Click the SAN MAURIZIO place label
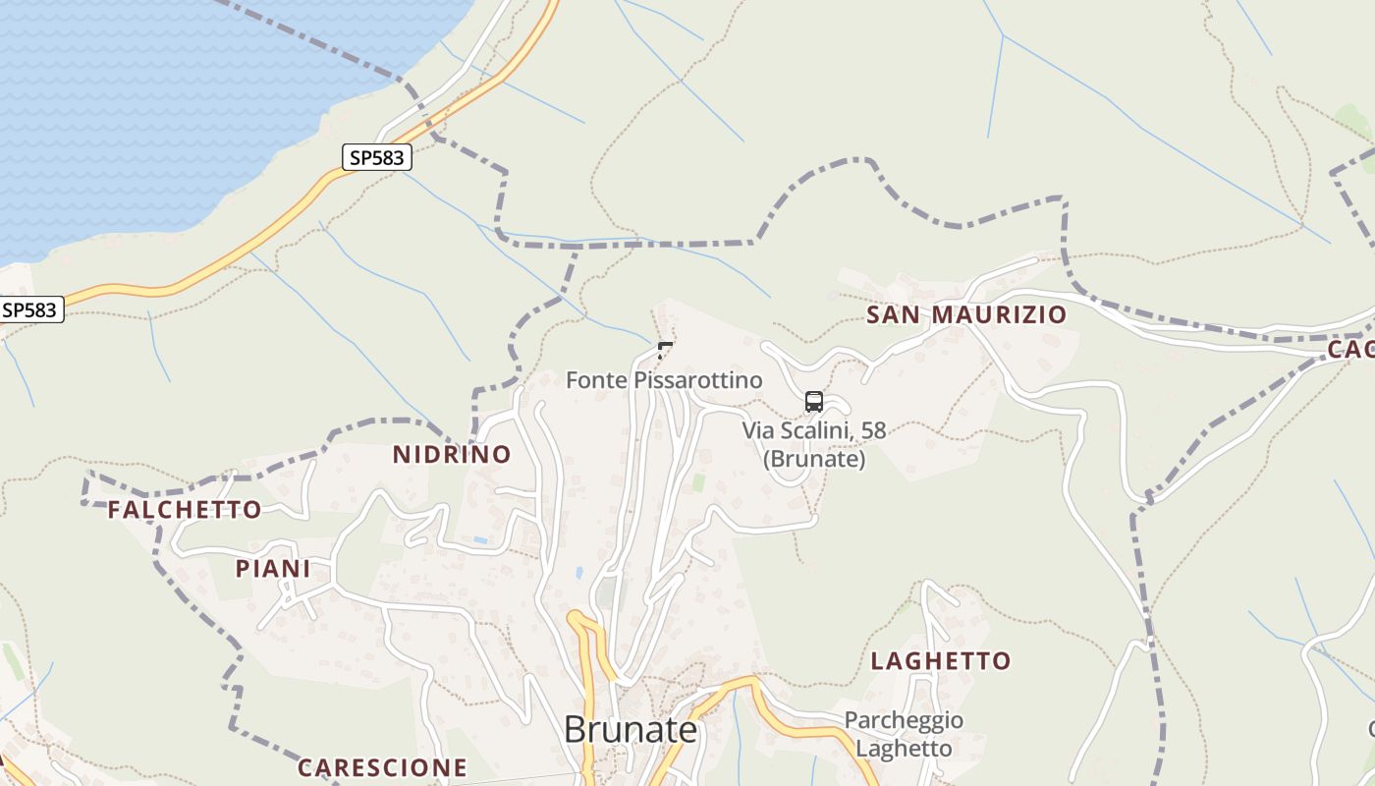click(x=965, y=314)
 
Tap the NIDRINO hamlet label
click(x=452, y=454)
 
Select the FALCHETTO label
click(x=185, y=509)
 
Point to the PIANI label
click(x=273, y=569)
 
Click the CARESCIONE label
click(x=382, y=767)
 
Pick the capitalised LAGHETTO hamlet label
click(x=941, y=660)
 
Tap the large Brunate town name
click(x=631, y=730)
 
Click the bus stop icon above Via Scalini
click(x=814, y=401)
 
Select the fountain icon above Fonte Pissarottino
click(x=665, y=349)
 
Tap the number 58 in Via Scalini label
click(x=872, y=429)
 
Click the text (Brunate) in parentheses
click(x=814, y=459)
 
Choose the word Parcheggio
click(x=904, y=720)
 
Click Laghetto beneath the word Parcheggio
click(x=904, y=749)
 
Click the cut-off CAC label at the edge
click(x=1351, y=349)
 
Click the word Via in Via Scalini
click(x=759, y=429)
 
